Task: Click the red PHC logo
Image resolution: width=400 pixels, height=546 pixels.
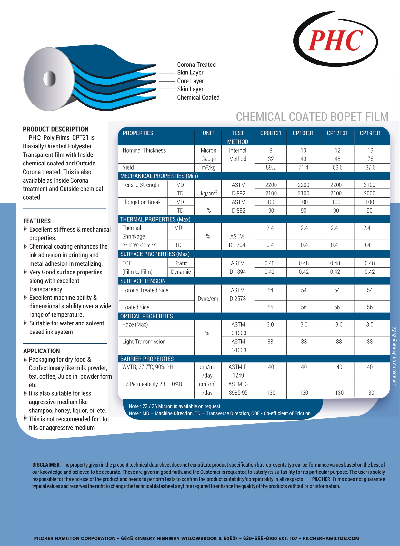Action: tap(335, 40)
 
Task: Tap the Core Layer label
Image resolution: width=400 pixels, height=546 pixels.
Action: tap(190, 81)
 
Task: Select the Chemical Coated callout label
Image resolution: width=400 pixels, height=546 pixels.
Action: tap(198, 97)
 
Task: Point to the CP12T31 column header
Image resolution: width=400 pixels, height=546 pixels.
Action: tap(337, 133)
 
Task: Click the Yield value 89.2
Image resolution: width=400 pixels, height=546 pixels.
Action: tap(271, 167)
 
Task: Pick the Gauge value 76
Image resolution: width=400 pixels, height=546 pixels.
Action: tap(370, 159)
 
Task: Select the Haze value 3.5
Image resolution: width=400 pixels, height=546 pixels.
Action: tap(370, 324)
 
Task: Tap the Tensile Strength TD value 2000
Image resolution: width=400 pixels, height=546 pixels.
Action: tap(369, 193)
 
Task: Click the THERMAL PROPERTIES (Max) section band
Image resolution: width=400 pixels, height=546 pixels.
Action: tap(155, 219)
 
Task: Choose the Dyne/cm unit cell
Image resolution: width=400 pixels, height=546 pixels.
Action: tap(208, 299)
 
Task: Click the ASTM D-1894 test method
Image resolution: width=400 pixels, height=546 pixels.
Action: tap(238, 268)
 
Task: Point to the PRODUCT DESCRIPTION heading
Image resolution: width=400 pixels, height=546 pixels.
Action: tap(56, 129)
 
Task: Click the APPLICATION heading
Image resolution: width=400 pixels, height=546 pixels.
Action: tap(42, 351)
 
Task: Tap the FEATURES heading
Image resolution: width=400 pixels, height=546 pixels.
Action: tap(37, 221)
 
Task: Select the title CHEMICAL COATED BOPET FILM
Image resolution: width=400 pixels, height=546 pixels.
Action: tap(312, 116)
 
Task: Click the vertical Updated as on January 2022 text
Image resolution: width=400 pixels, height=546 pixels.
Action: tap(394, 357)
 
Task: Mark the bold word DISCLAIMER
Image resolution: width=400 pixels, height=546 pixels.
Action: tap(46, 465)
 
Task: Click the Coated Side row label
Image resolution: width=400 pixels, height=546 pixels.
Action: tap(136, 307)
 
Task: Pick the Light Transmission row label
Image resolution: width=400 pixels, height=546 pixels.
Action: tap(144, 342)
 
